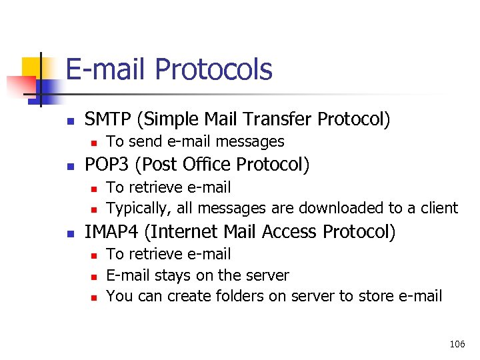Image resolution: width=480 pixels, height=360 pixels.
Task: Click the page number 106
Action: click(457, 344)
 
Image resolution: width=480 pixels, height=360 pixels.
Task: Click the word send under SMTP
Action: click(140, 141)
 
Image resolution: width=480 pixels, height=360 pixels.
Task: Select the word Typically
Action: click(138, 209)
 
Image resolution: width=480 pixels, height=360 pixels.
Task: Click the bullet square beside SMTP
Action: click(70, 121)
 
